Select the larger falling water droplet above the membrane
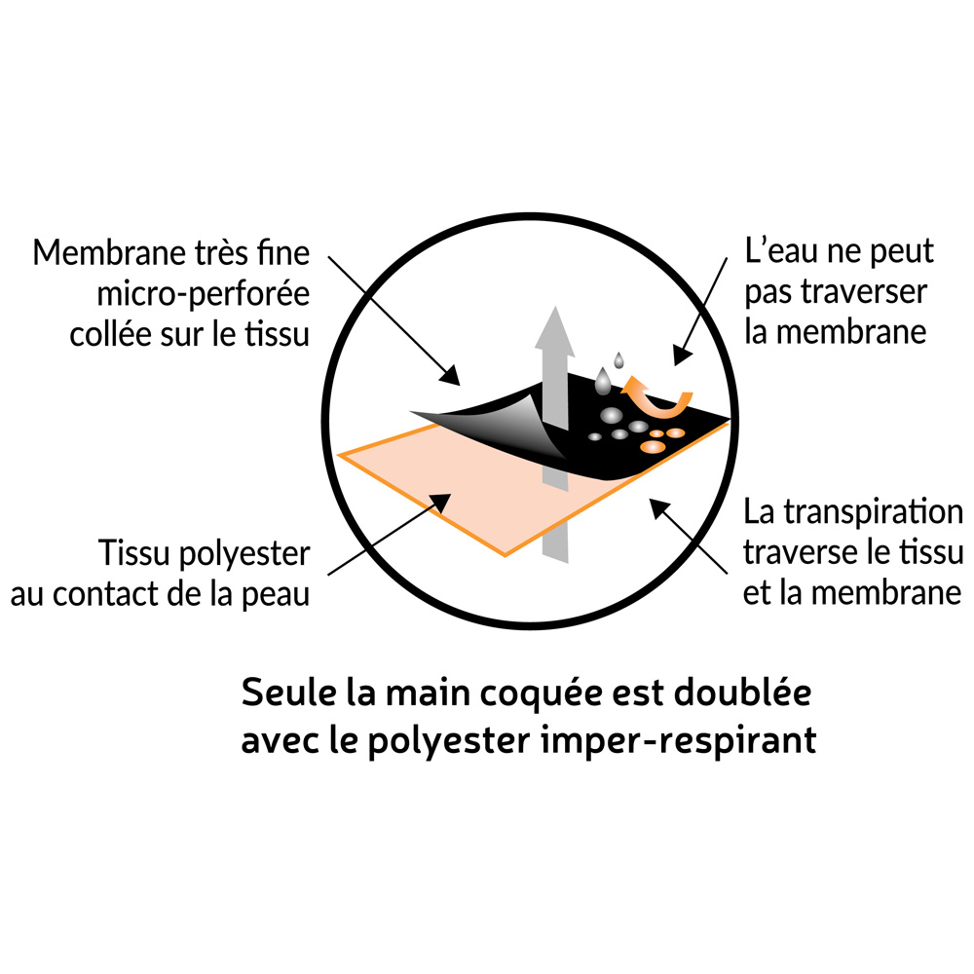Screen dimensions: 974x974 click(x=605, y=378)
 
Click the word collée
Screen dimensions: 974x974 click(x=109, y=334)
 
